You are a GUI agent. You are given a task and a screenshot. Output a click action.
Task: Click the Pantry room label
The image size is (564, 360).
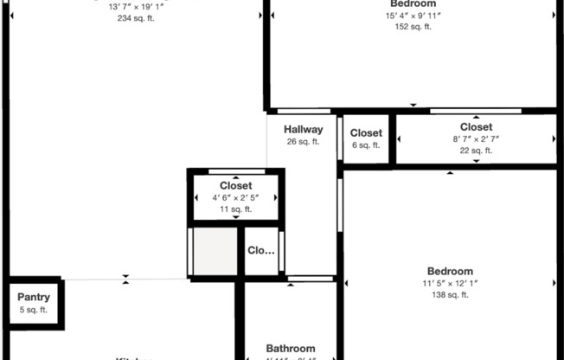click(x=34, y=297)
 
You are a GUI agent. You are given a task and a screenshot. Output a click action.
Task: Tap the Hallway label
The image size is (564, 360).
click(x=304, y=130)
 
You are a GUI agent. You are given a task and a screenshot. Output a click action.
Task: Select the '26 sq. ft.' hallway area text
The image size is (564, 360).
click(x=304, y=142)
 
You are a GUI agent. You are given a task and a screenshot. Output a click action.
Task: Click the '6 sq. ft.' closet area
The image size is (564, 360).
click(x=366, y=145)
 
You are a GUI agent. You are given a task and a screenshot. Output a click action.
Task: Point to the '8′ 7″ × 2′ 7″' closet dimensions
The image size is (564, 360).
click(x=476, y=139)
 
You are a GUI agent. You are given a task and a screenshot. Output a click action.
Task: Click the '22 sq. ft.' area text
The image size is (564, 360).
click(x=476, y=151)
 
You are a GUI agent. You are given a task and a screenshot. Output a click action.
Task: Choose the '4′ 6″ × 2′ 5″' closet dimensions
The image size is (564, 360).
click(x=235, y=197)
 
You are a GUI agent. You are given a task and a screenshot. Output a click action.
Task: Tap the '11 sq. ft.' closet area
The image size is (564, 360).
click(x=235, y=209)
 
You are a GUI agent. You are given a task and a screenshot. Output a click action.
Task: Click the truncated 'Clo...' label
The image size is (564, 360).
click(x=261, y=251)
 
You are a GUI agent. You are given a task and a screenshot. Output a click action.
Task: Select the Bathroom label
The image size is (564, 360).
click(x=290, y=349)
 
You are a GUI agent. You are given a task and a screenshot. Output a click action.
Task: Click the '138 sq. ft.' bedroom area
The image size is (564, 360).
click(x=449, y=295)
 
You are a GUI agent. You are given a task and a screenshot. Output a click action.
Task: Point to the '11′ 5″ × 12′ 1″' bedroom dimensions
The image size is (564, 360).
click(x=449, y=283)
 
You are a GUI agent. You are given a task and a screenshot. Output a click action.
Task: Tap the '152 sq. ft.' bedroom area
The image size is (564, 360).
click(x=413, y=27)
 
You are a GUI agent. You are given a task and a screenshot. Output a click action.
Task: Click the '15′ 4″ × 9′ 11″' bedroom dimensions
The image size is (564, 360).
click(x=413, y=16)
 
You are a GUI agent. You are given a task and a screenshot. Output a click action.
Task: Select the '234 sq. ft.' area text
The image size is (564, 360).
click(x=136, y=18)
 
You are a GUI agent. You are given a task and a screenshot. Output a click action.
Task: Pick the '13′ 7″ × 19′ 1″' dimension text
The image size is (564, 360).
click(x=136, y=7)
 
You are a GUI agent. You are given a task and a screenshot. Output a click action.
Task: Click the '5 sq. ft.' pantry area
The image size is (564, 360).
click(x=34, y=310)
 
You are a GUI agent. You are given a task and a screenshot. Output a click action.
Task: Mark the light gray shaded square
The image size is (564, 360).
click(x=214, y=252)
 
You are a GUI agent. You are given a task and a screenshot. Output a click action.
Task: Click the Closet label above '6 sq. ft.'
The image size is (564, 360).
click(x=366, y=133)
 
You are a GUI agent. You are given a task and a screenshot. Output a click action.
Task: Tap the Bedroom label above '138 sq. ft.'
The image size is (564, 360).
click(x=449, y=271)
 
